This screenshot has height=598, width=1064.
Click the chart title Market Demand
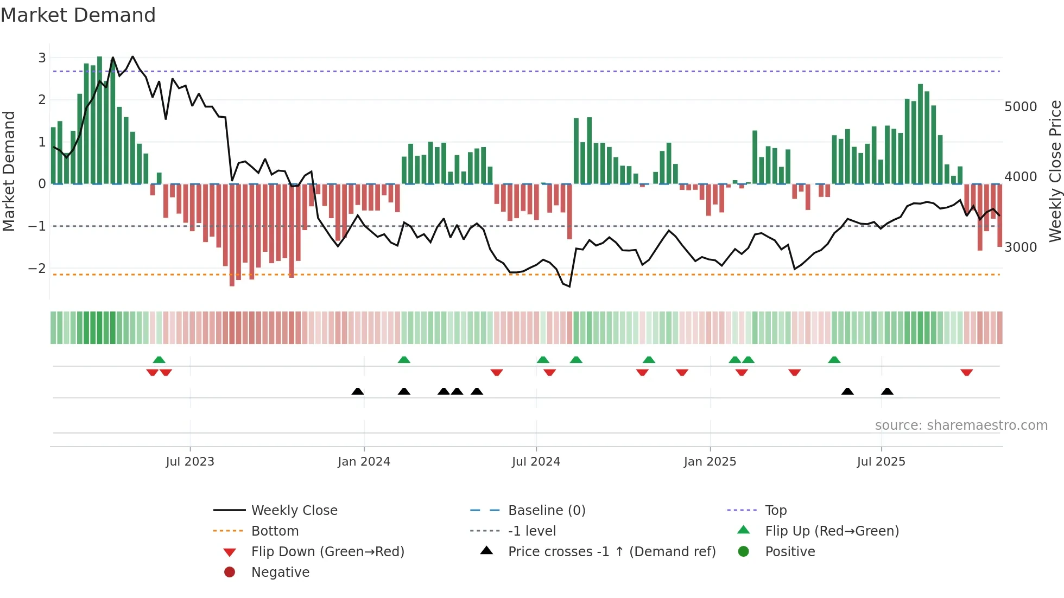78,15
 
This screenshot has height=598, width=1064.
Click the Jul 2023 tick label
190,462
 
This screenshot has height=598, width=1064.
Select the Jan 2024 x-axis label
364,462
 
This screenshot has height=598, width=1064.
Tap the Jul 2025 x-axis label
881,462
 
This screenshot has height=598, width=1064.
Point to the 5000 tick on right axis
1021,107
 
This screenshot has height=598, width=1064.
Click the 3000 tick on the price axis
1021,247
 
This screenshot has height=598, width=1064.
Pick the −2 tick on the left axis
37,269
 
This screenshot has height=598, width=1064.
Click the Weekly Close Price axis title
1055,171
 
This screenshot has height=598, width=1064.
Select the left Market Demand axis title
9,171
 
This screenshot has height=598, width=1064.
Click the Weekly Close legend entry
294,511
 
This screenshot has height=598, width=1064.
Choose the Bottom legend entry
275,531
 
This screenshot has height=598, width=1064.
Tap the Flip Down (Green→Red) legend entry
327,552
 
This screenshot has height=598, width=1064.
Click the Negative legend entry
280,572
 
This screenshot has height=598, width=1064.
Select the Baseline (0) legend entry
547,511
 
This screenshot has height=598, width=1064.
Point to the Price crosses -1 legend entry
612,552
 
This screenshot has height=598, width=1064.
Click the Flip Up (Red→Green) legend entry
832,531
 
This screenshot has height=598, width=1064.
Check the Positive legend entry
790,552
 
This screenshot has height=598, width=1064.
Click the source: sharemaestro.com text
961,425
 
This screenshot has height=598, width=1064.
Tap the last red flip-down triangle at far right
966,372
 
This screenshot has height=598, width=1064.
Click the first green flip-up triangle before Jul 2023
159,360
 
